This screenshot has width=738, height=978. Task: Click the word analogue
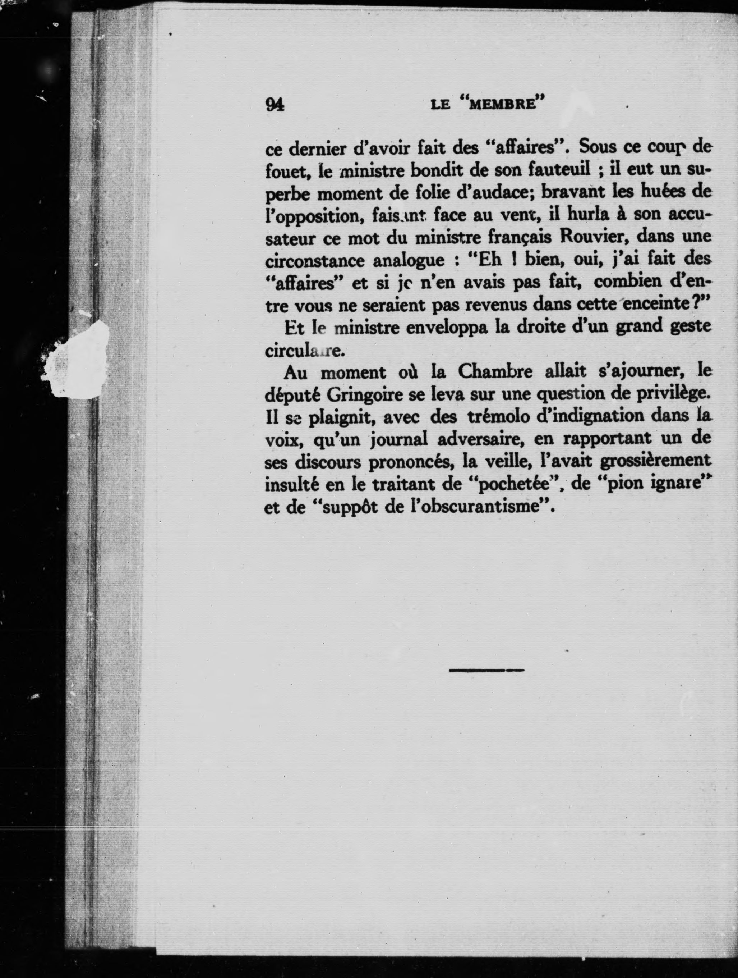(409, 260)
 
